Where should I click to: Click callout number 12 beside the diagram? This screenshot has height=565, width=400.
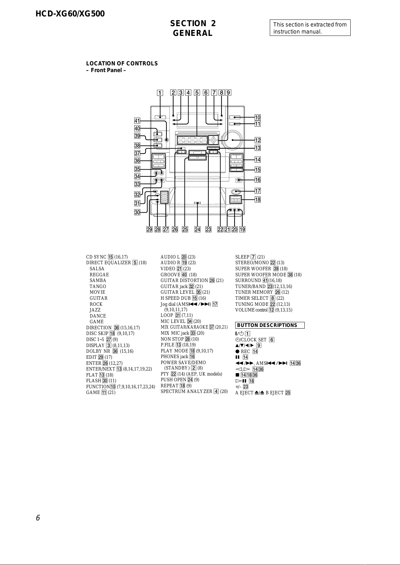257,140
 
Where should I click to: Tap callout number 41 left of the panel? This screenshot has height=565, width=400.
137,121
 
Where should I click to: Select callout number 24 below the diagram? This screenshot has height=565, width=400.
197,229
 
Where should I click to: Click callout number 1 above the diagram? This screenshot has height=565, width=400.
160,93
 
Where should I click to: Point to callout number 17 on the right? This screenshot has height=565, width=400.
257,191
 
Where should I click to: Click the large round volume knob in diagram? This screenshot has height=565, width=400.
233,140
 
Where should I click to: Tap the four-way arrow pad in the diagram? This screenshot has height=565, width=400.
213,140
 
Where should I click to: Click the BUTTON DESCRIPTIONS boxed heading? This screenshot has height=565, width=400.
270,325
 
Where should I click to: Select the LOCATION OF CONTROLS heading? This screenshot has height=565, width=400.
122,64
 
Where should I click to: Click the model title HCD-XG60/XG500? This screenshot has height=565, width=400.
70,14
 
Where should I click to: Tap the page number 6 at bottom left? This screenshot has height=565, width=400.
38,518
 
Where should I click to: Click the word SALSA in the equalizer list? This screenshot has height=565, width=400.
97,269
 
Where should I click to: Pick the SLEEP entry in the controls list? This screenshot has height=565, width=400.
250,257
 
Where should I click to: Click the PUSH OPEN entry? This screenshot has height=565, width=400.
180,380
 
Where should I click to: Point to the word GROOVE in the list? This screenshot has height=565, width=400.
170,274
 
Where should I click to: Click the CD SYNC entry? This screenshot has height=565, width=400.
107,257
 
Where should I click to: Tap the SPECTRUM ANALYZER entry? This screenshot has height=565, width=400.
194,391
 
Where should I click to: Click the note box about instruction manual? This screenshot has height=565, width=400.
310,28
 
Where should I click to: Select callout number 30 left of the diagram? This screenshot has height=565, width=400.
137,212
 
